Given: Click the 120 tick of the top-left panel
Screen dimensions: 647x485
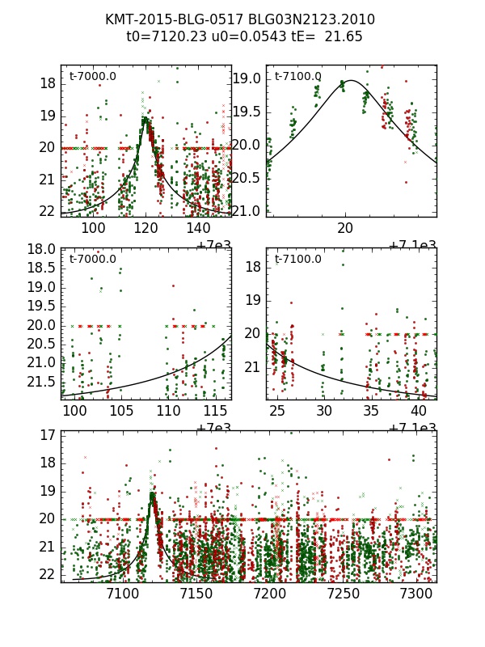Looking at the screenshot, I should [x=146, y=228].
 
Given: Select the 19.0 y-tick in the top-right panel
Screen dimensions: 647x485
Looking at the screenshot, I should [x=247, y=78].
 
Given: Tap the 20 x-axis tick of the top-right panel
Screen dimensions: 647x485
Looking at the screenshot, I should [x=346, y=228].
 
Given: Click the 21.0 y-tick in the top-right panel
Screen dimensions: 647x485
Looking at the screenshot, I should [x=247, y=211].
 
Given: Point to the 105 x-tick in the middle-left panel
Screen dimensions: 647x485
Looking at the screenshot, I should [x=121, y=411].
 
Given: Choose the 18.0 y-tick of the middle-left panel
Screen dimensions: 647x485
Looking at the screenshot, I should [x=43, y=249].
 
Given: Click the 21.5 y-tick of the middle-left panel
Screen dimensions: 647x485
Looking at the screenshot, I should [x=43, y=381].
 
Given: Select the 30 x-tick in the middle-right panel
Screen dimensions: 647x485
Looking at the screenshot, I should [x=325, y=411].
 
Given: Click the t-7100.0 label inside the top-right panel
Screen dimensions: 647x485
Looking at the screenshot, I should [x=297, y=77].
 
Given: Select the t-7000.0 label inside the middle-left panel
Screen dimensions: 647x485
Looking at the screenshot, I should [x=93, y=260].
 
